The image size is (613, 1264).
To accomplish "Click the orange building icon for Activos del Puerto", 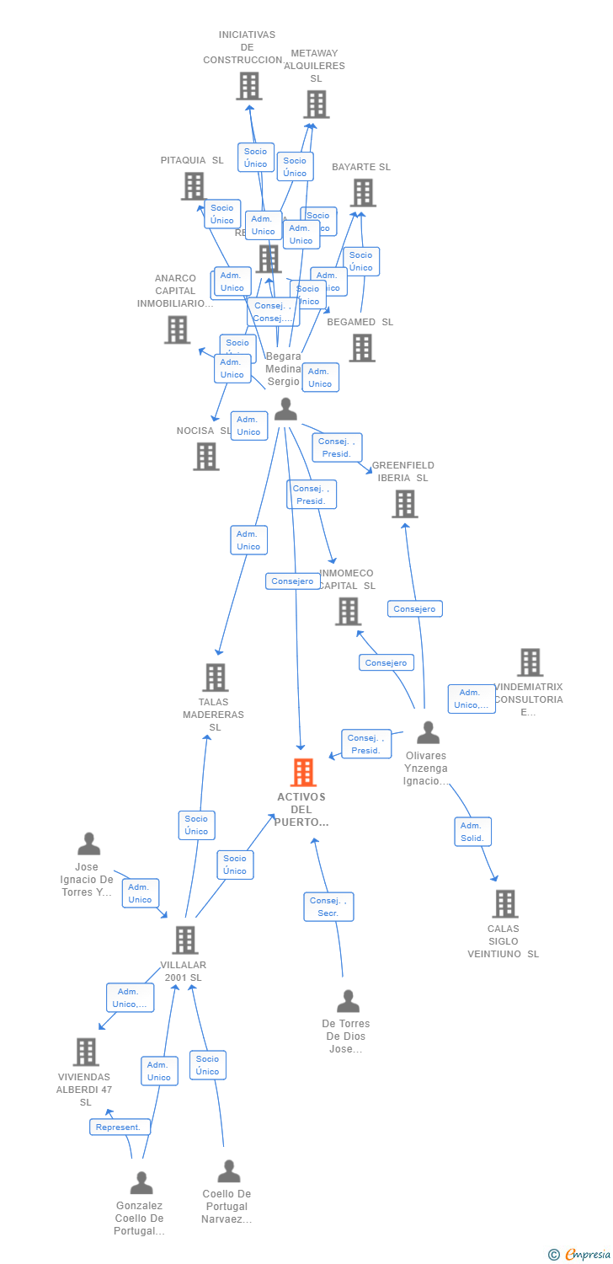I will point(303,772).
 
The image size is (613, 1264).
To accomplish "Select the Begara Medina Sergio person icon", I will point(286,410).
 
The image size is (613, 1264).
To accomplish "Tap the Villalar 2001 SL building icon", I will point(185,940).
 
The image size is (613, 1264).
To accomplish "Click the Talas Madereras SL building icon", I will point(216,678).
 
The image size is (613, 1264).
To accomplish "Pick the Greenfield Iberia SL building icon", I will point(405,504).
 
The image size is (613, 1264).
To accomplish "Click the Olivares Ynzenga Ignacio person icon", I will point(429,733).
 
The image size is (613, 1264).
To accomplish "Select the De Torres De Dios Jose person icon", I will point(348,1002).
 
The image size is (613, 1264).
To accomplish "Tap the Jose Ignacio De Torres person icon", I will point(88,844).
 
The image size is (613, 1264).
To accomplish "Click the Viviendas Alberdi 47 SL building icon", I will point(86,1052).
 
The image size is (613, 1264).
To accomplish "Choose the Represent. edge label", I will point(120,1127).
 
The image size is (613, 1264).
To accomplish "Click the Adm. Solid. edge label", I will point(472,832).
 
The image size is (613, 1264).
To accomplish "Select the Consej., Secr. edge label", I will point(328,907).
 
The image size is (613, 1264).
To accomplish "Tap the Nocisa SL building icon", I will point(206,457).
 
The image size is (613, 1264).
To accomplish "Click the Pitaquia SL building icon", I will point(194,186).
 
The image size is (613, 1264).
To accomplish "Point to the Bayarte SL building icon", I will point(363,193).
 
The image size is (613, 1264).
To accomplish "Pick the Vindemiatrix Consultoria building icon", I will point(530,662).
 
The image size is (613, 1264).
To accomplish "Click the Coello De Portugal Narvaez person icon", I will point(229,1171).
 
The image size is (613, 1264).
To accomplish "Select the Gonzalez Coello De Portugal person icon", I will point(141,1183).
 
